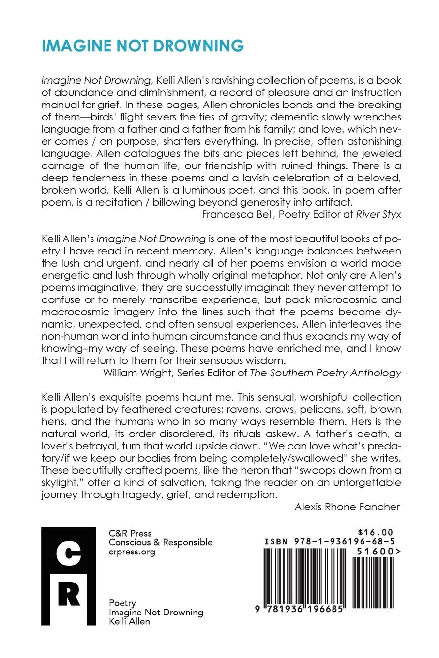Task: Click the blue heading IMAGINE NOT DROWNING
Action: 143,46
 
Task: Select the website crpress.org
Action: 132,552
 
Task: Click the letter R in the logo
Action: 69,595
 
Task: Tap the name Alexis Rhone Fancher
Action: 347,507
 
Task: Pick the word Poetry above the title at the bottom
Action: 122,603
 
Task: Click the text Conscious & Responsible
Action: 161,542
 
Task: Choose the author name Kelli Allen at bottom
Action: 129,621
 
